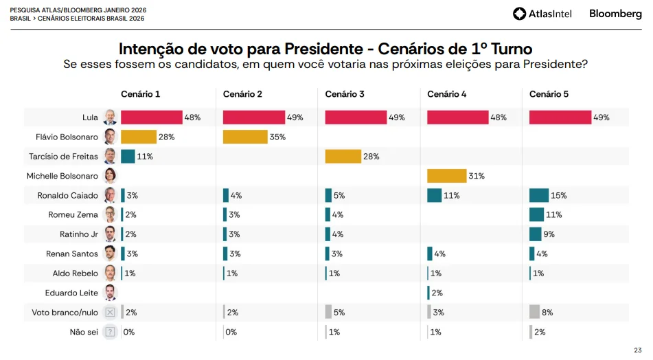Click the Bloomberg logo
[615, 14]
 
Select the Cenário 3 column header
[345, 94]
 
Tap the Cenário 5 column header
[549, 94]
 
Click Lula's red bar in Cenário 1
[151, 117]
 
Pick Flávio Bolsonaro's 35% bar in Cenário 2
[245, 137]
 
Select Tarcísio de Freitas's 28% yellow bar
[343, 157]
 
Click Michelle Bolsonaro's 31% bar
[446, 176]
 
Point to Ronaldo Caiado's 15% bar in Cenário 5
[539, 196]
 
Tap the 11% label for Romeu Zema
[554, 215]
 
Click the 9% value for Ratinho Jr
[549, 234]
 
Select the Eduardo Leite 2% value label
[437, 293]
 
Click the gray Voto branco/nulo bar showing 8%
[534, 312]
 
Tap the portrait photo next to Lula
[110, 117]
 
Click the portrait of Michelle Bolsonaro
[110, 176]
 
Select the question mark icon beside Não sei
[110, 332]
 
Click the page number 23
[638, 350]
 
